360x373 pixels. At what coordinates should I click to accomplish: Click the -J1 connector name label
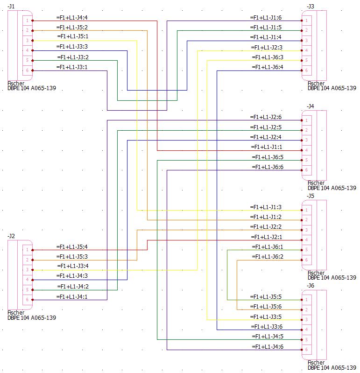pos(12,6)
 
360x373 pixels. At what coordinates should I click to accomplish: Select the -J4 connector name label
pos(311,106)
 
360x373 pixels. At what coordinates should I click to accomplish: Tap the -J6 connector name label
pos(311,285)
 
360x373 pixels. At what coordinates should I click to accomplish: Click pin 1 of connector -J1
pos(27,21)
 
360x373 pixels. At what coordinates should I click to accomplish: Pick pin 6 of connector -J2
pos(27,300)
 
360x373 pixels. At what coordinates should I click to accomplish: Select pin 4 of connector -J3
pos(307,50)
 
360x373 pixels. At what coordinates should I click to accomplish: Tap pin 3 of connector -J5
pos(307,230)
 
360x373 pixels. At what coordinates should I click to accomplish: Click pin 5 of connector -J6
pos(307,340)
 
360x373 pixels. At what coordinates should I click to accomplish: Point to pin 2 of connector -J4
pos(307,130)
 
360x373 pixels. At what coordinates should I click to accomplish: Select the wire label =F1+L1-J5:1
pos(72,36)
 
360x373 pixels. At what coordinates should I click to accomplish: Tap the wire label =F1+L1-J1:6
pos(266,17)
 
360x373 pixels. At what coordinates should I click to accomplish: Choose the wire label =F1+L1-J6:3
pos(267,57)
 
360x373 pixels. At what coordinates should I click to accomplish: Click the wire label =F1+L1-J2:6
pos(266,117)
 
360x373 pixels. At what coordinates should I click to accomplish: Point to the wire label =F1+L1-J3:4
pos(72,266)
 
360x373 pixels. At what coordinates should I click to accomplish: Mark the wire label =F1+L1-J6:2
pos(267,256)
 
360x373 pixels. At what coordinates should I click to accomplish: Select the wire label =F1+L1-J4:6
pos(267,346)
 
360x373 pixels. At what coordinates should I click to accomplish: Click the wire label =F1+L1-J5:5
pos(266,296)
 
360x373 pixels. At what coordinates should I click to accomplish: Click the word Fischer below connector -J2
pos(16,313)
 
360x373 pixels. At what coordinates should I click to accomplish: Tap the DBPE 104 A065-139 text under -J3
pos(332,88)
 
